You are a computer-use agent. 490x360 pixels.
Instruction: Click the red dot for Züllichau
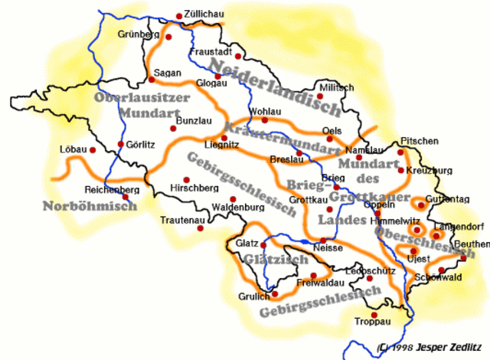(x=178, y=15)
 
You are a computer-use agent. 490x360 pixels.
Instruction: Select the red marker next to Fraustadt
(x=239, y=56)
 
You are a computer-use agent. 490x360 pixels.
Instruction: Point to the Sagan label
(x=167, y=73)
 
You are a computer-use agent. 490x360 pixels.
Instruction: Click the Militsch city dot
(x=320, y=97)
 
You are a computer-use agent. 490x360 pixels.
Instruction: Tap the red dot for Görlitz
(x=120, y=144)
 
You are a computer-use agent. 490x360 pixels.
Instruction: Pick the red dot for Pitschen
(x=400, y=152)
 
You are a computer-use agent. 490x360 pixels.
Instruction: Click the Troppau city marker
(x=374, y=315)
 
